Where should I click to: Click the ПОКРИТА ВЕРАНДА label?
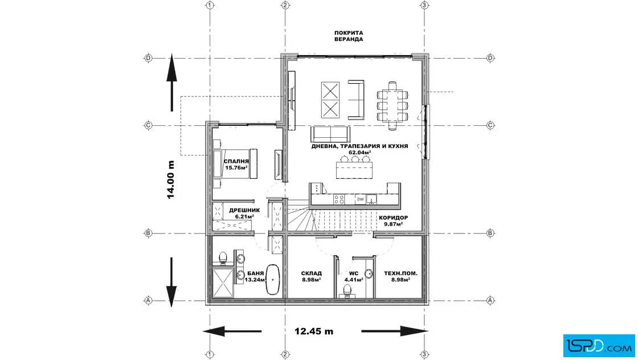coord(349,36)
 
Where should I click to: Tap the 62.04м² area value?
coord(359,153)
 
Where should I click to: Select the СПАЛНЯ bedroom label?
coord(236,161)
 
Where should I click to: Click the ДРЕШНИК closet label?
coord(244,210)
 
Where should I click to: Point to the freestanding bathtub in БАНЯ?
coord(274,279)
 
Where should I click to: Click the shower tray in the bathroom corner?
coord(223,283)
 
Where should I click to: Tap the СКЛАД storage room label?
coord(312,273)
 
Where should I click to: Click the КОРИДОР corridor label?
coord(393,218)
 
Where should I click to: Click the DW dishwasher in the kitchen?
coord(360,199)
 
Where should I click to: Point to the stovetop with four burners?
coord(338,199)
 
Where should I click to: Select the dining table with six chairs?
coord(392,101)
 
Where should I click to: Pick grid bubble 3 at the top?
coord(424,5)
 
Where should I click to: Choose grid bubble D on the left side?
coord(148,58)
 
